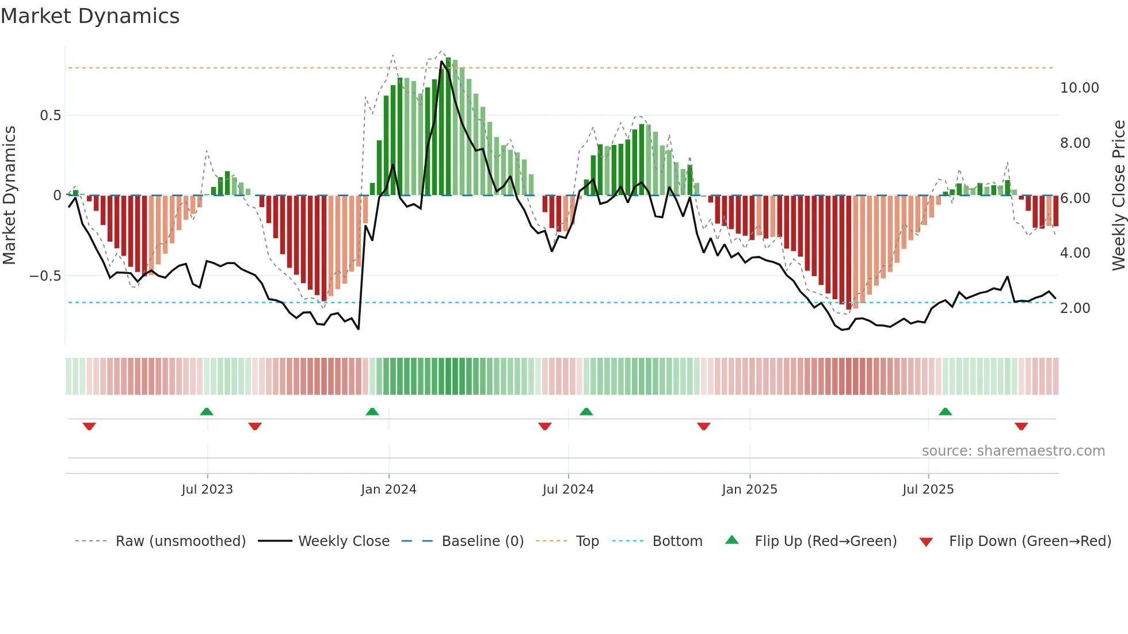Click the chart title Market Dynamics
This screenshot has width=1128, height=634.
coord(90,16)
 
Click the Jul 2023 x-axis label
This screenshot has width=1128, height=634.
coord(207,490)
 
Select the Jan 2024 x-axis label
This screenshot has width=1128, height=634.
coord(388,490)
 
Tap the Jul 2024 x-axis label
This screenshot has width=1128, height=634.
coord(568,490)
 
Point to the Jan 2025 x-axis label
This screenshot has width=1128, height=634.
coord(749,490)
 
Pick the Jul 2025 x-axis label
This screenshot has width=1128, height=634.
coord(928,490)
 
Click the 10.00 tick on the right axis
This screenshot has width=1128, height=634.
coord(1079,88)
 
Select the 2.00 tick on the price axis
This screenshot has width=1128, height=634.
coord(1075,308)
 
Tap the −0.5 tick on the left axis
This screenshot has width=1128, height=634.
coord(45,276)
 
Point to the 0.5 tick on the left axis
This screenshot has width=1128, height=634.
coord(50,116)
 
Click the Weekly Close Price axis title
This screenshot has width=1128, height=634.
coord(1118,196)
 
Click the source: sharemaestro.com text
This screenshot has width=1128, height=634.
coord(1013,451)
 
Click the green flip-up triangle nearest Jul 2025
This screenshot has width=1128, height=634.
coord(945,411)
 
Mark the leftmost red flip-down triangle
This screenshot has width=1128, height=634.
coord(89,426)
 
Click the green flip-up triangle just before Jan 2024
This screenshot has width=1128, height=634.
coord(372,411)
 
